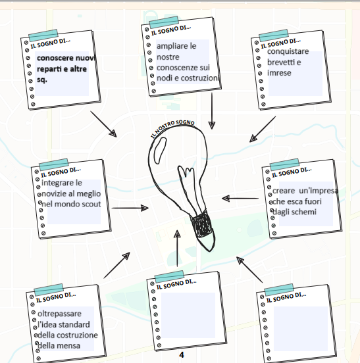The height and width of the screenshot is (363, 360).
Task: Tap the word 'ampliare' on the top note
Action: [172, 46]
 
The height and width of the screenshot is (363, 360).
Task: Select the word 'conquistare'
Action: [288, 52]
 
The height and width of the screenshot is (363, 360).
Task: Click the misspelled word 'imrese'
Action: [279, 73]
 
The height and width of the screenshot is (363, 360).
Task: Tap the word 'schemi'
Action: [305, 212]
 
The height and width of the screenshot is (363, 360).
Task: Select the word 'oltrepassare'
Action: [59, 314]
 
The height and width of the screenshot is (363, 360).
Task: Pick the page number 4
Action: [182, 355]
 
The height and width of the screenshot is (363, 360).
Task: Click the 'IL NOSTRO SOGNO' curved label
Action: [172, 127]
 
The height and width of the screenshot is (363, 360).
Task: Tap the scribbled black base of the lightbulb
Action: [201, 225]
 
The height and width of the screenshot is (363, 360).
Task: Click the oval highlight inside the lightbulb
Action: [160, 151]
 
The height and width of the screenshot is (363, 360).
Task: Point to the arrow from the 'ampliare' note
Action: [212, 111]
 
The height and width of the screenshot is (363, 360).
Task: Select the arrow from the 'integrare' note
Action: [130, 208]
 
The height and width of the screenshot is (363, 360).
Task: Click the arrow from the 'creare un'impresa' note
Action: [240, 199]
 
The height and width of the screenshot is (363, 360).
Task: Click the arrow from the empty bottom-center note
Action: [177, 249]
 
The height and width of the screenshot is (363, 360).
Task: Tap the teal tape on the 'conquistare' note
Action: [274, 36]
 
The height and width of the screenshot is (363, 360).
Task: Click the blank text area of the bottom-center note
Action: [188, 315]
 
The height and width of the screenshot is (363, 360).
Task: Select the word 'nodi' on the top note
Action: [165, 78]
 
